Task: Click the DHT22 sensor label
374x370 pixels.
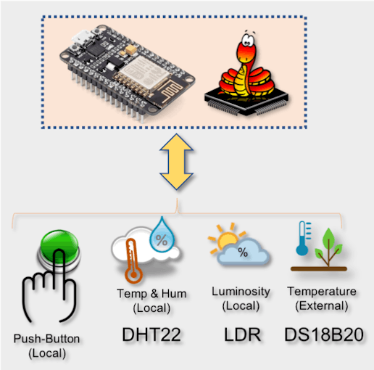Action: click(151, 334)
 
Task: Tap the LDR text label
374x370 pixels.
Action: click(242, 334)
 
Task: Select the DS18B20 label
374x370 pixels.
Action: click(324, 334)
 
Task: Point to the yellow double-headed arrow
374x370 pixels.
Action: click(176, 162)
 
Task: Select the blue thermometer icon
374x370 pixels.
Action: click(303, 238)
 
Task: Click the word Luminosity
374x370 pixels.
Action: click(241, 292)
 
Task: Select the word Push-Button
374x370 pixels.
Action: click(46, 339)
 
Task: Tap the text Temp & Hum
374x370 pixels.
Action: click(151, 294)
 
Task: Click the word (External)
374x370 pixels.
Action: click(322, 305)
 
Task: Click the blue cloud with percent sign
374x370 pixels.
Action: click(243, 252)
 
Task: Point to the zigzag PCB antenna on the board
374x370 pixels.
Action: click(171, 92)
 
